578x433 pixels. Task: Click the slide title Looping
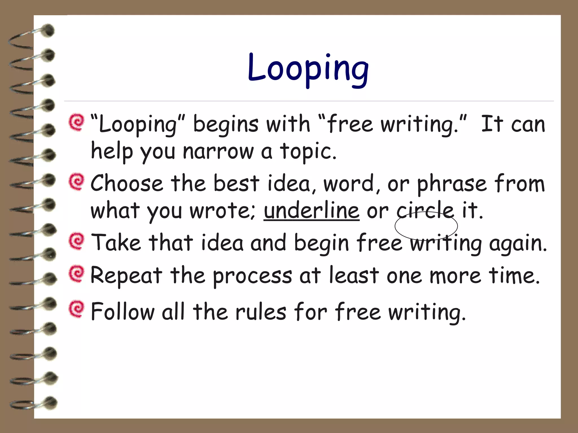tap(308, 69)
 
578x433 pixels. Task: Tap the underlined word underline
tap(312, 211)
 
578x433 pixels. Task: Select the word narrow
tap(218, 152)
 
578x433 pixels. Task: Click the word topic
tap(308, 152)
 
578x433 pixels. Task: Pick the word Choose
tap(127, 183)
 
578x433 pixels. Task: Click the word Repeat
tap(126, 276)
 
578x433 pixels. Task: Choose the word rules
tap(261, 312)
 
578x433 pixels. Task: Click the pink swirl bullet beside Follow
tap(76, 309)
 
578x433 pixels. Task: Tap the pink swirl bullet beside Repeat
tap(76, 273)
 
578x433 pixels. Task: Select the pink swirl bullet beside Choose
tap(76, 182)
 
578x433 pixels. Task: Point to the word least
tap(354, 275)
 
